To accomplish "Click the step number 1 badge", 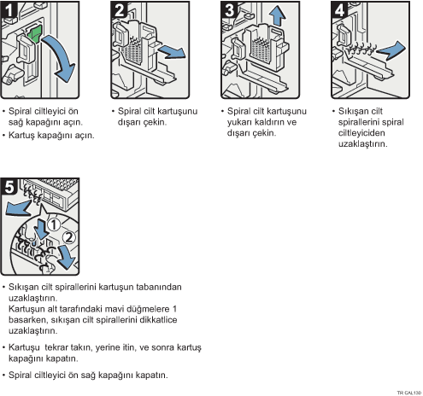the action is (8, 9).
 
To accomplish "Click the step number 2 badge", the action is (119, 9).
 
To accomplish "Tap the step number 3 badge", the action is (229, 9).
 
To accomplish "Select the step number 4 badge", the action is (339, 9).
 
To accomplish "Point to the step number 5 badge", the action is (9, 187).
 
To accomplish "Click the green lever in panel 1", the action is (34, 34).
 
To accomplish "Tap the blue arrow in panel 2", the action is (172, 52).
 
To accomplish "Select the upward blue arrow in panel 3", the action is (277, 16).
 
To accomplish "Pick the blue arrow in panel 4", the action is (391, 50).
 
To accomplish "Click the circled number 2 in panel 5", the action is (68, 237).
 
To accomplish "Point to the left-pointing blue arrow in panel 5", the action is (18, 207).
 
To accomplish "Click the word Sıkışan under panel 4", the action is (352, 111).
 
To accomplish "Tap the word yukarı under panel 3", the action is (239, 122).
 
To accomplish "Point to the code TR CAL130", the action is (409, 393).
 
